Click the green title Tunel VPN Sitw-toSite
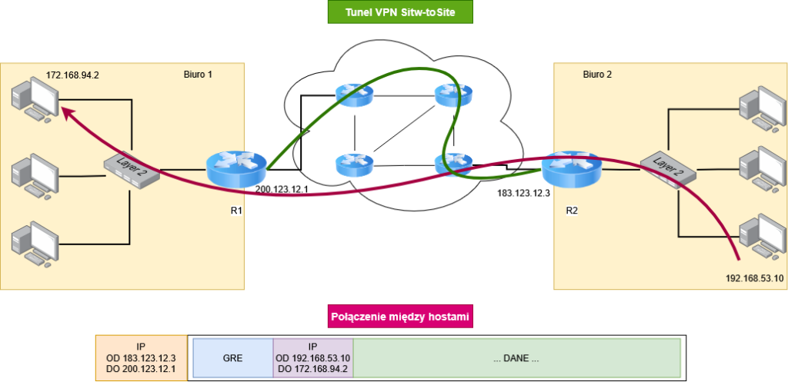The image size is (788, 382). tap(400, 12)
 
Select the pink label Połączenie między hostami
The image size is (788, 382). tap(400, 317)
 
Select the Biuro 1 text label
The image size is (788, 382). tap(198, 75)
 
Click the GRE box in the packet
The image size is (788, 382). tap(233, 358)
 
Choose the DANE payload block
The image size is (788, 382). tap(516, 358)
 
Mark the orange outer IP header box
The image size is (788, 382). tap(142, 358)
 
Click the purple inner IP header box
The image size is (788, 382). tap(313, 358)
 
